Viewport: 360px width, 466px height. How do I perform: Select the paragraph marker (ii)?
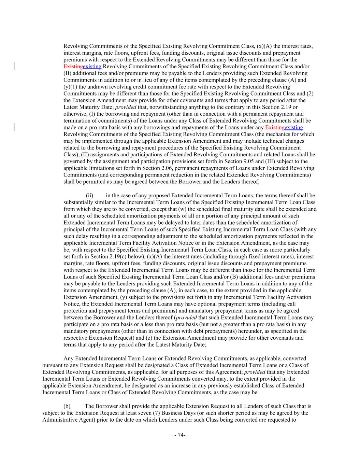pyautogui.click(x=89, y=196)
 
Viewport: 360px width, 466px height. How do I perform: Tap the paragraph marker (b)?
pyautogui.click(x=67, y=406)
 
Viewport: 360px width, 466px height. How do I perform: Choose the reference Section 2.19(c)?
pyautogui.click(x=98, y=256)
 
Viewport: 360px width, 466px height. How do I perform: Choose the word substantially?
pyautogui.click(x=79, y=202)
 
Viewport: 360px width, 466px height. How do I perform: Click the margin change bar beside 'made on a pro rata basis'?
pyautogui.click(x=14, y=128)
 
